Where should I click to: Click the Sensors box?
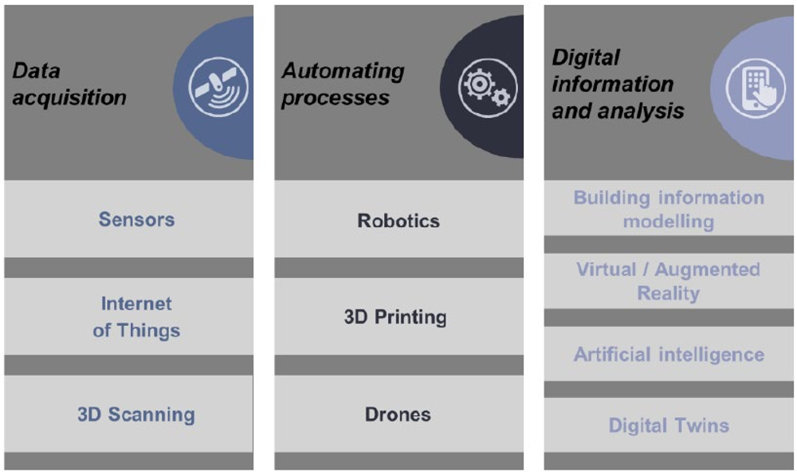coord(128,218)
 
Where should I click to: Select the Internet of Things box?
coord(128,317)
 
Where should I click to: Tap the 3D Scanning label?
coord(136,415)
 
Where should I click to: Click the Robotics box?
coord(399,218)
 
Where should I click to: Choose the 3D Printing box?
coord(399,317)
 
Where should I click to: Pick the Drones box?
coord(399,414)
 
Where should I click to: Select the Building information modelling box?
coord(669,208)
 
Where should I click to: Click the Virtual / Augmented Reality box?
coord(669,281)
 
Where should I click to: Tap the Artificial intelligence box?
coord(669,354)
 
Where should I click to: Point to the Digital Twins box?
coord(669,425)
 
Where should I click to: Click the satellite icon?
coord(218,88)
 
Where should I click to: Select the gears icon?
coord(488,88)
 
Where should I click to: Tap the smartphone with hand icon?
coord(756,88)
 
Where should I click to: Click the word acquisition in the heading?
coord(69,97)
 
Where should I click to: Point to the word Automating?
coord(344,71)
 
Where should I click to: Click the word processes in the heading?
coord(336,97)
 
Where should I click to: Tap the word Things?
coord(148,331)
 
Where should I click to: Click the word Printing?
coord(410,317)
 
